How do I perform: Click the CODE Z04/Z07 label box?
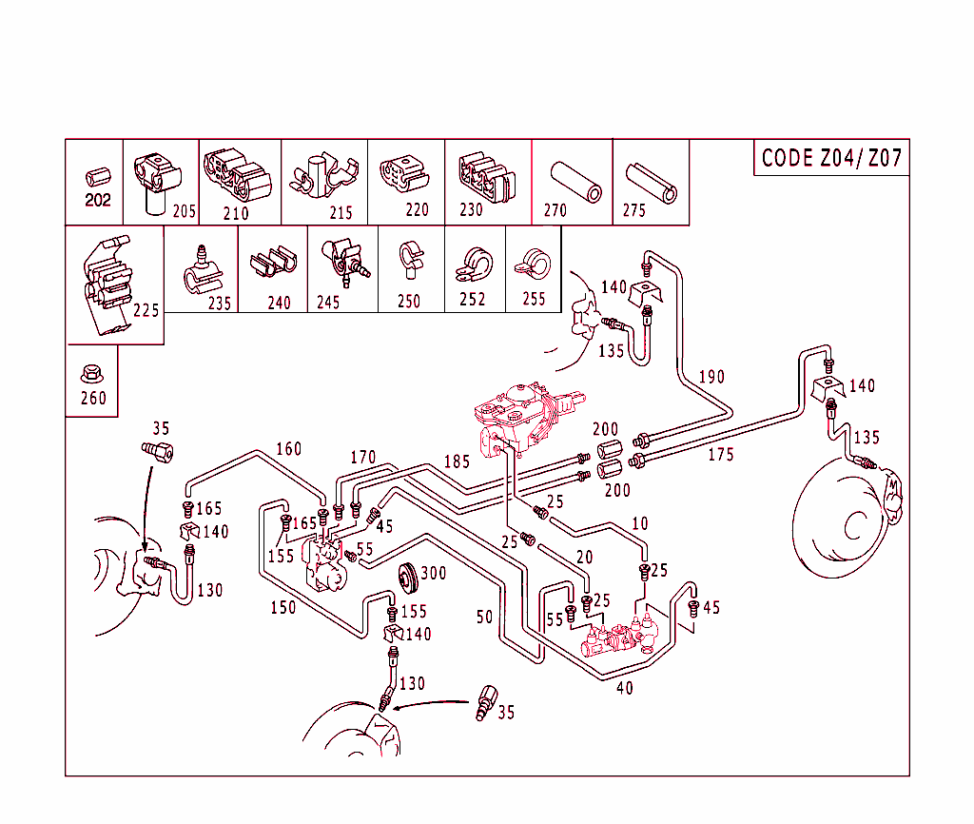coord(831,158)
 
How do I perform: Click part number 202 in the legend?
coord(98,201)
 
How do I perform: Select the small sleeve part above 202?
coord(98,177)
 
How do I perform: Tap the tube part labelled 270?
coord(576,181)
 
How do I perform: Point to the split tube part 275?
coord(653,182)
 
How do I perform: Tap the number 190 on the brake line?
coord(711,377)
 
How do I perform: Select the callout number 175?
coord(721,456)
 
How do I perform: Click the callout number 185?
coord(457,463)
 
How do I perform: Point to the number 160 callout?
coord(288,449)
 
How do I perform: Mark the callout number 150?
coord(282,607)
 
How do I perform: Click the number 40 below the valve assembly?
coord(624,688)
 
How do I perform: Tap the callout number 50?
coord(485,618)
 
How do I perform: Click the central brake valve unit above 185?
coord(521,414)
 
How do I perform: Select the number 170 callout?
coord(362,458)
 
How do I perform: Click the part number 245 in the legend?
coord(328,303)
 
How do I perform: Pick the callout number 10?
coord(639,523)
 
